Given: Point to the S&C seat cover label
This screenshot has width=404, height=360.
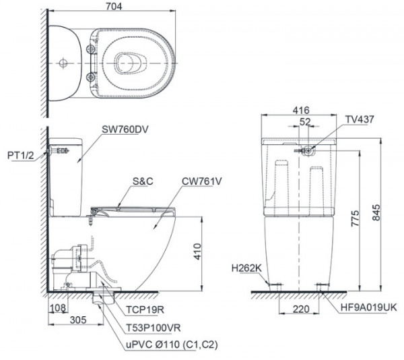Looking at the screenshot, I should (143, 181).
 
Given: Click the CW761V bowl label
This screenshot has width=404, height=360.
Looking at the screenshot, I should (203, 181).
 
